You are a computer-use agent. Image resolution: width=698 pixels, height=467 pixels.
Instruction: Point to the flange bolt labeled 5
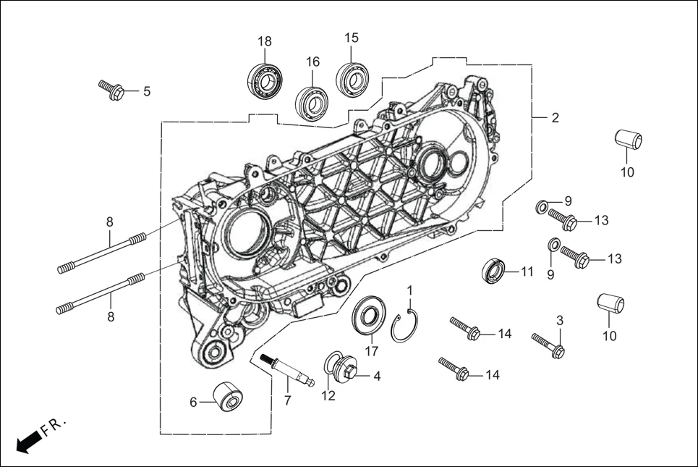point(112,91)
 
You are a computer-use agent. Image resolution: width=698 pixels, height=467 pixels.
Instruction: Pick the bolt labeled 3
point(549,345)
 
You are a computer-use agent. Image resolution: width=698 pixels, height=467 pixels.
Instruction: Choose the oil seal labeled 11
point(495,271)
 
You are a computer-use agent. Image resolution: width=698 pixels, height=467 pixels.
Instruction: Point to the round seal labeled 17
point(368,317)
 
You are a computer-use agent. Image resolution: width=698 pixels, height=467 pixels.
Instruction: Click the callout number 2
point(555,117)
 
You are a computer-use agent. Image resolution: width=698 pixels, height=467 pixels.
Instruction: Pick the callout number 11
point(527,272)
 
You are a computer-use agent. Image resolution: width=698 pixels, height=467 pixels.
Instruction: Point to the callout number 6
point(193,402)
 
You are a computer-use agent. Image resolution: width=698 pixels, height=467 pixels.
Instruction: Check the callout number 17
point(372,351)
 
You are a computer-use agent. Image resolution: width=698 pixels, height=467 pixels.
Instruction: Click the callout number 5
point(146,91)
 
